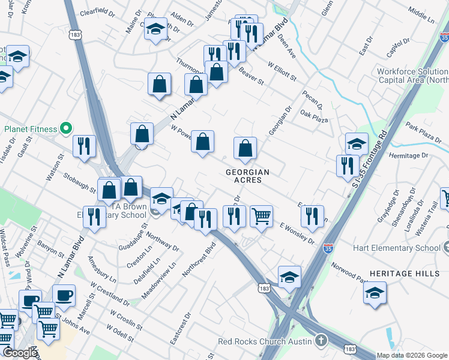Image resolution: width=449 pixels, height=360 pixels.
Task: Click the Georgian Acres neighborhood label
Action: click(247, 176)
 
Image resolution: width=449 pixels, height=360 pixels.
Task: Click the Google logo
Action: click(19, 353)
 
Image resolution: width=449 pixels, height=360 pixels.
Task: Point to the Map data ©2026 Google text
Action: click(412, 355)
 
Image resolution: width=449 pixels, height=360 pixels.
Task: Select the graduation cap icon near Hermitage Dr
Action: click(357, 143)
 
